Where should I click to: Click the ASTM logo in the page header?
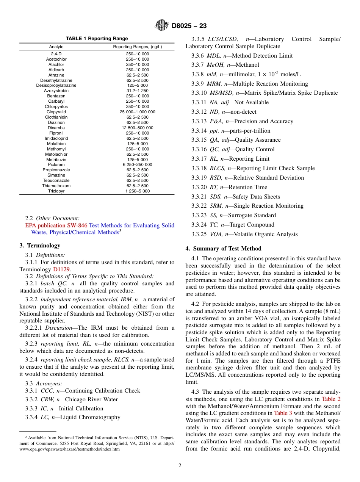point(162,26)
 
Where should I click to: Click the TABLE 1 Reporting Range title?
point(97,39)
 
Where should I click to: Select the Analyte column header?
point(56,47)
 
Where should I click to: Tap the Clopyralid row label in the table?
point(56,112)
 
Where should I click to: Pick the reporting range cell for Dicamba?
point(137,128)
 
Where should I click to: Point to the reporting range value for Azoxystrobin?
point(137,91)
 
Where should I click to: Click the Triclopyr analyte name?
point(56,191)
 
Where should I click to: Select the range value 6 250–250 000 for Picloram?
point(137,165)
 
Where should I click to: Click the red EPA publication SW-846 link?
point(56,225)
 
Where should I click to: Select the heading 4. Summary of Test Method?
point(223,249)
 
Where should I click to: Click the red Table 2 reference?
point(331,399)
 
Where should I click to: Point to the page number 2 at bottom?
point(180,466)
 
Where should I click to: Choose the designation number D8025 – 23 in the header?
point(189,26)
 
